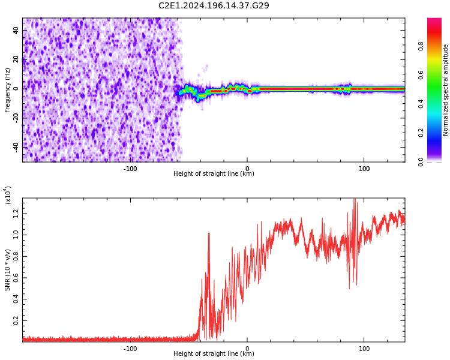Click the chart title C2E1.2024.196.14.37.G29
pos(214,5)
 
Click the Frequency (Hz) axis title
pos(7,90)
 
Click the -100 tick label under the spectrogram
pos(130,169)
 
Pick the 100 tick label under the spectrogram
pos(364,169)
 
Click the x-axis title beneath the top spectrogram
pos(214,174)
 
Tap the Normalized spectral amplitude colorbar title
pos(446,90)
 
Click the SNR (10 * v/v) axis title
pos(8,261)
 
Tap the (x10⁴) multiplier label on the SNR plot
pos(8,195)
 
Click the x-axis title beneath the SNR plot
pos(214,354)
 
